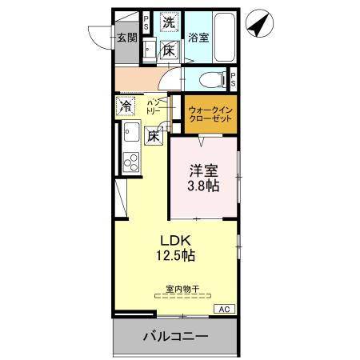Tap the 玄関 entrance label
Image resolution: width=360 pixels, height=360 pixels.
click(x=126, y=37)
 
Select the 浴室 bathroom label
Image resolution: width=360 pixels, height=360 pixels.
click(x=198, y=37)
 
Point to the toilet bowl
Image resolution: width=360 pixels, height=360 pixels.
click(x=210, y=79)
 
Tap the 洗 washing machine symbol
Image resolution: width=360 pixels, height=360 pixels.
click(x=169, y=23)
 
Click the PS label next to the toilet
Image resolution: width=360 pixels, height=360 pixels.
click(x=233, y=79)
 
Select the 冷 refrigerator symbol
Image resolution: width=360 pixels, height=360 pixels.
click(x=126, y=105)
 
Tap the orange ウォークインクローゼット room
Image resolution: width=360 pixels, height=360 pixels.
click(x=211, y=113)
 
